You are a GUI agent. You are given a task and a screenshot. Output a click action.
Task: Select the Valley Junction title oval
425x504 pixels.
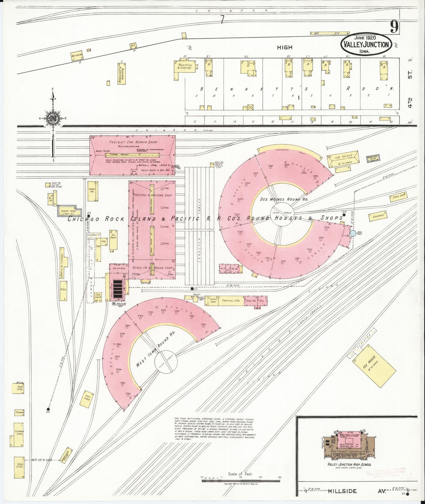tap(366, 45)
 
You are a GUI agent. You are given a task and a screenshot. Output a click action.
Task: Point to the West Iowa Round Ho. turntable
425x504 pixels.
tap(166, 362)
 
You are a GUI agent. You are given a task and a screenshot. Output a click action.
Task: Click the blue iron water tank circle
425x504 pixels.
tap(353, 233)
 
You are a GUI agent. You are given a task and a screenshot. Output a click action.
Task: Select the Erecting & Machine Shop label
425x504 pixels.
tap(152, 195)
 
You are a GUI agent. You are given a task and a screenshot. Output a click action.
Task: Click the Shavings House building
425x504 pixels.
tap(373, 158)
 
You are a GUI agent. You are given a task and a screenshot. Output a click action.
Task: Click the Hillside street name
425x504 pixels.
tap(342, 491)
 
